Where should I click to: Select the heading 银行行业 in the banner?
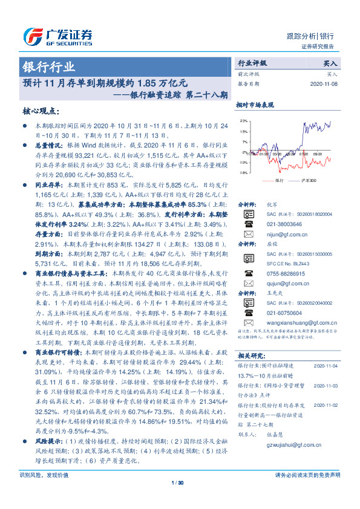(49, 66)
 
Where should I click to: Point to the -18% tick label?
(242, 172)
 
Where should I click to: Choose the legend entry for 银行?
(273, 180)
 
